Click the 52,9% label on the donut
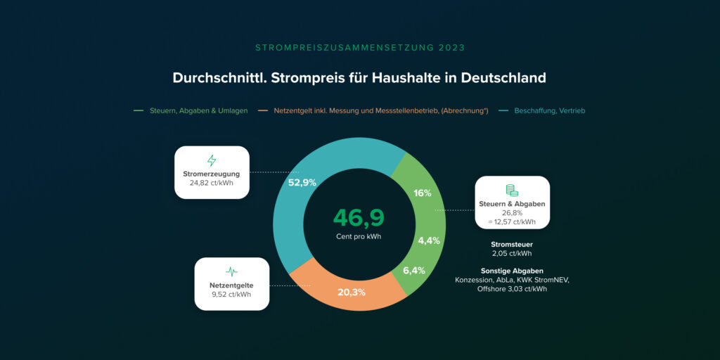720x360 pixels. point(302,183)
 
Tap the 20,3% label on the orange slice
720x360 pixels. point(352,292)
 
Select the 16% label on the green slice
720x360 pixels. point(423,193)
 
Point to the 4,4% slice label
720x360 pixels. point(429,240)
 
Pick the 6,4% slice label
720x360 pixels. point(414,271)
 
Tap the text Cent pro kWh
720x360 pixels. point(359,237)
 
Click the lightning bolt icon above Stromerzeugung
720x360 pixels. point(212,160)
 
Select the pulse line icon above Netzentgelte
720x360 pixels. point(231,271)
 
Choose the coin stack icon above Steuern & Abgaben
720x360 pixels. point(512,191)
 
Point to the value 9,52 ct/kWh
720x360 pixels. point(231,295)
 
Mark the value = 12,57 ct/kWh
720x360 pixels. point(512,221)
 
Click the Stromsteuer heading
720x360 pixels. point(512,245)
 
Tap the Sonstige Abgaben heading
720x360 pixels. point(512,271)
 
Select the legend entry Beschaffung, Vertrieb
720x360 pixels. point(550,111)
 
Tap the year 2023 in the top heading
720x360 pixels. point(450,48)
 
